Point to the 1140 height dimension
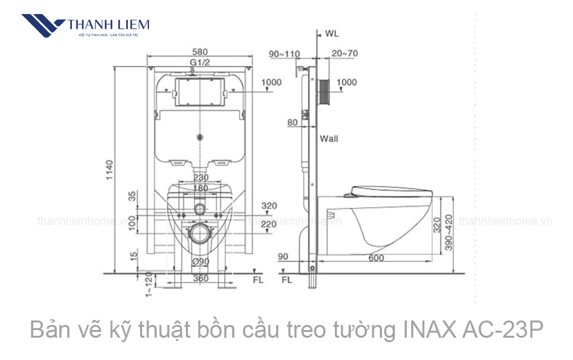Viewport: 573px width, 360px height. pos(109,169)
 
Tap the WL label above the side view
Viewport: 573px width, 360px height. pos(332,32)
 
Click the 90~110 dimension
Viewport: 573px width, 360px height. pos(283,54)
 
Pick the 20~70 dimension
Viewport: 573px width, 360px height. pos(344,54)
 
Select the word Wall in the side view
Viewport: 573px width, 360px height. pos(329,138)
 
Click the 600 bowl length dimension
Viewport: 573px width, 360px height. pos(376,257)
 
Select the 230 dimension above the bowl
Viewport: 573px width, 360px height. pos(201,178)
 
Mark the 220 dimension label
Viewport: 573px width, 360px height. pos(269,224)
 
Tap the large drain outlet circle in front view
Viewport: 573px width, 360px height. pos(201,233)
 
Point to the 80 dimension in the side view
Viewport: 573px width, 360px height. pos(292,122)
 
